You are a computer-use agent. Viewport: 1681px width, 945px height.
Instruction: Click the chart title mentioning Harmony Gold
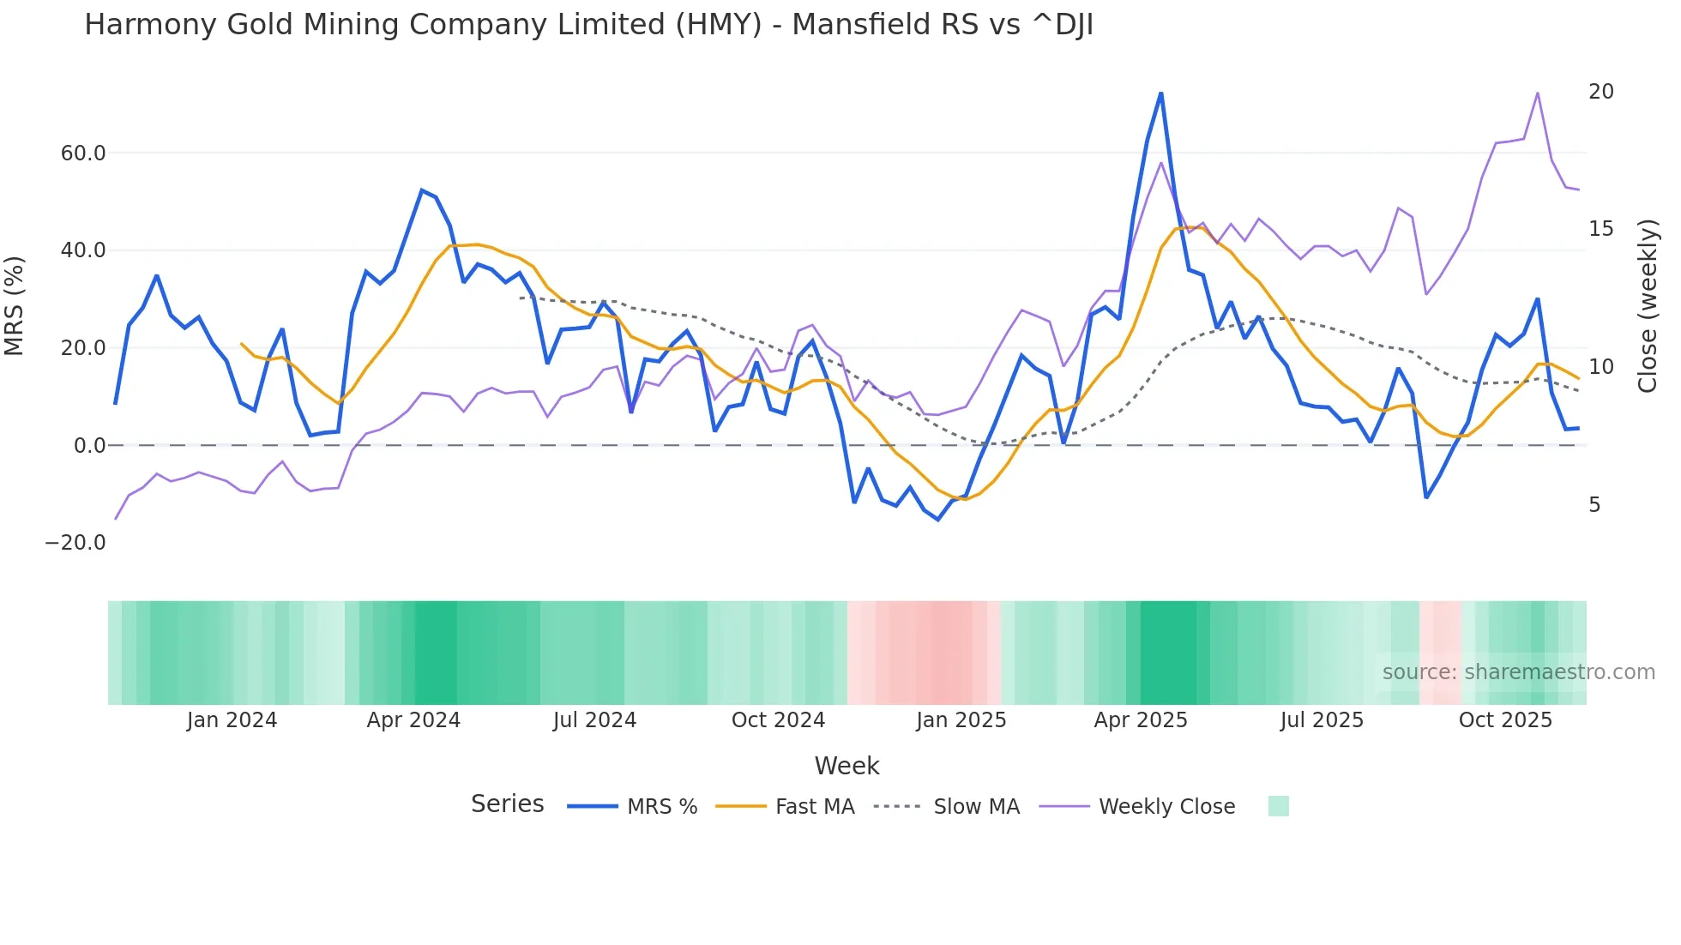click(588, 25)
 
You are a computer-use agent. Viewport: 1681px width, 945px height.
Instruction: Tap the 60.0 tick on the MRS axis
click(83, 153)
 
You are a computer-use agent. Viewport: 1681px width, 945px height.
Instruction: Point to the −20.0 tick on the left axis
click(75, 543)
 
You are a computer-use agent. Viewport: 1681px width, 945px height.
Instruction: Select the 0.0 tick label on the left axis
click(89, 446)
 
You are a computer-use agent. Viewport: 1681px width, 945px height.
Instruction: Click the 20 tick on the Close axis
click(1600, 92)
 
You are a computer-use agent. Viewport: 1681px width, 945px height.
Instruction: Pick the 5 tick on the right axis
click(1594, 505)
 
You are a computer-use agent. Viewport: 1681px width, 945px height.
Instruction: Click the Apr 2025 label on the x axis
click(1141, 720)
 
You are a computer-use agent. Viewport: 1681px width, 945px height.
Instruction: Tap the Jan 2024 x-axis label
click(232, 720)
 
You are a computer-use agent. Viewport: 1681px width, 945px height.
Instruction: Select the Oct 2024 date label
click(778, 720)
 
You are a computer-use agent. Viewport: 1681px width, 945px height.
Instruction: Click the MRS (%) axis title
click(15, 305)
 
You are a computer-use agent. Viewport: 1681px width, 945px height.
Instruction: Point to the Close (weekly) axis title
click(1648, 306)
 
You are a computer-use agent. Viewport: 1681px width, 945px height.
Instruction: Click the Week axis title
click(847, 766)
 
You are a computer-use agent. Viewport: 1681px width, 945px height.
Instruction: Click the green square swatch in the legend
click(1278, 806)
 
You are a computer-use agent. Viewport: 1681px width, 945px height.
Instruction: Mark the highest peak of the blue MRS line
click(1160, 93)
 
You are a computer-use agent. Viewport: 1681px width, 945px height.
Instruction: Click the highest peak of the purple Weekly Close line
click(1538, 93)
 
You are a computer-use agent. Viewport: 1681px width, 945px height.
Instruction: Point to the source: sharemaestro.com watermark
click(1518, 672)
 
